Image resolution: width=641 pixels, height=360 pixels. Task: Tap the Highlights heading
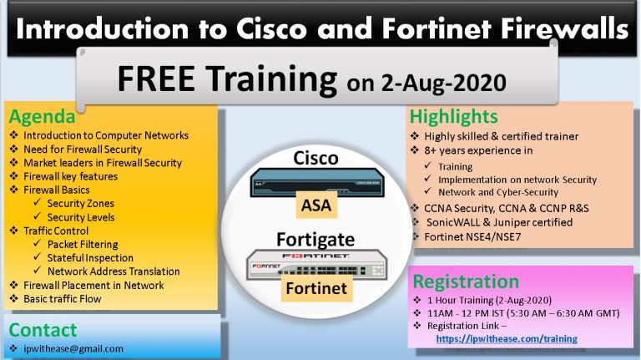pos(454,116)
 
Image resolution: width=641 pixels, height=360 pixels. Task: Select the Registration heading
pos(466,281)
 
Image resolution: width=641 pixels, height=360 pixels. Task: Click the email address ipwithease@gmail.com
pos(73,348)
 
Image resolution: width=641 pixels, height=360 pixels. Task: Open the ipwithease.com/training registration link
pos(507,338)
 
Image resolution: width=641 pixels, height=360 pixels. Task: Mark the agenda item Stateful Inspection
pos(95,257)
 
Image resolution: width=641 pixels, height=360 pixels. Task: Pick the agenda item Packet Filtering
pos(89,244)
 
